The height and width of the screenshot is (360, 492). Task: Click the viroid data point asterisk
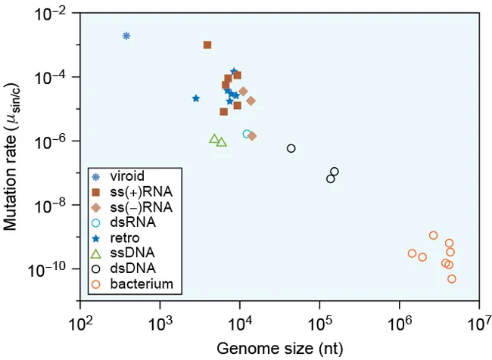tap(126, 36)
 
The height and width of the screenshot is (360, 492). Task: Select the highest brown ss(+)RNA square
tap(207, 45)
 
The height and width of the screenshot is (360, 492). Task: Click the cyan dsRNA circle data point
tap(247, 134)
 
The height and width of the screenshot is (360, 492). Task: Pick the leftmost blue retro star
tap(196, 98)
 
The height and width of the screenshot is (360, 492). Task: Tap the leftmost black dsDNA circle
tap(291, 148)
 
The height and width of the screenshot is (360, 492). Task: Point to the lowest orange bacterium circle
tap(452, 279)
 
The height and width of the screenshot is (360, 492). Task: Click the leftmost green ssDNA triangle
tap(214, 138)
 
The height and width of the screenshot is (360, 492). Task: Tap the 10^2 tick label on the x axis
tap(79, 325)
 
